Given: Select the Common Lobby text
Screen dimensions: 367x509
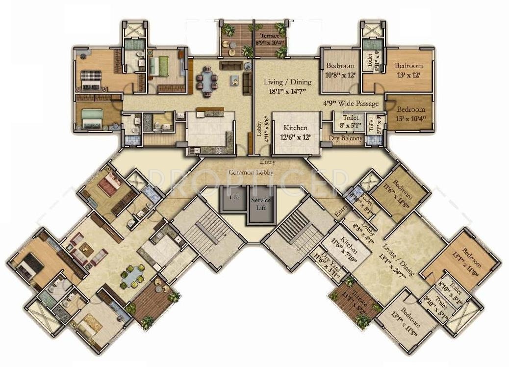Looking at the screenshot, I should tap(251, 172).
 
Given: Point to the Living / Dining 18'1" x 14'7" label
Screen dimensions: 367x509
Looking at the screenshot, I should tap(287, 86).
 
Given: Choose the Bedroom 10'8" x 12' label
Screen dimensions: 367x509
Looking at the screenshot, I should tap(340, 70).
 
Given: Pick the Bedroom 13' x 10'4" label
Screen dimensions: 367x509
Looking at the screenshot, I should tap(410, 113).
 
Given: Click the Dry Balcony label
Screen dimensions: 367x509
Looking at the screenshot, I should tap(345, 138).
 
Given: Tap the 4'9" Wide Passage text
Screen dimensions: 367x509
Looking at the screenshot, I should tap(351, 104).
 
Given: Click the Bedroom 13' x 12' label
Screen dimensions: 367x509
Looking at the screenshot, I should tap(408, 70).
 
